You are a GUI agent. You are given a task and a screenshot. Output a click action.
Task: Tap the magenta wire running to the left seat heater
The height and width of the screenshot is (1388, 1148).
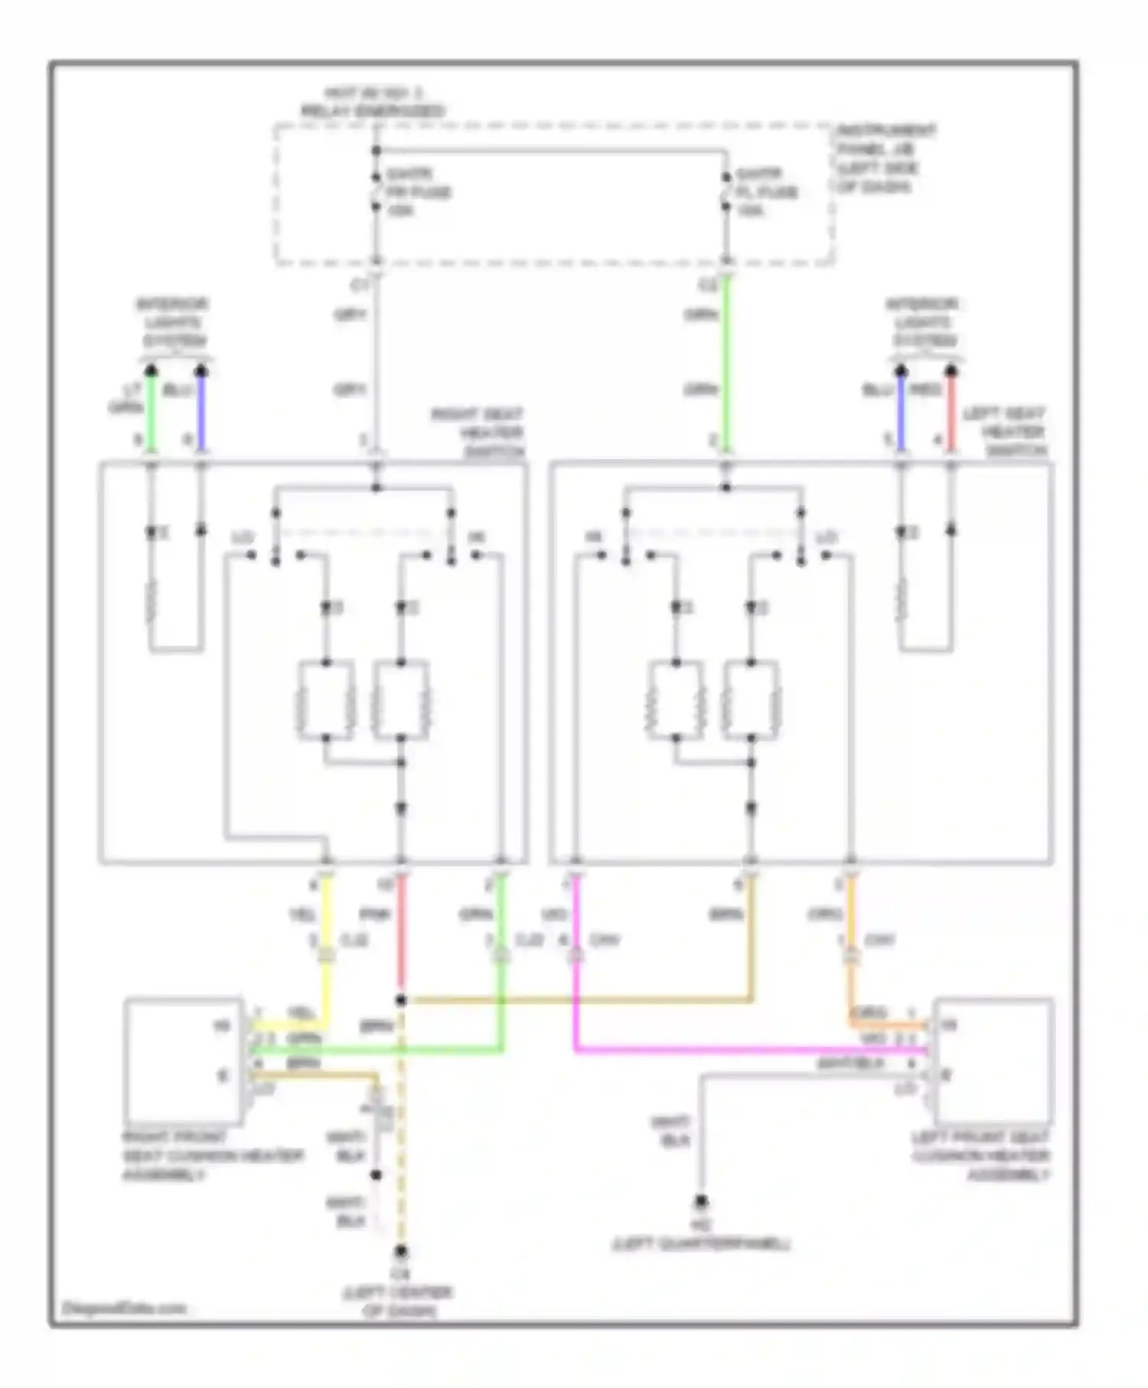[735, 1050]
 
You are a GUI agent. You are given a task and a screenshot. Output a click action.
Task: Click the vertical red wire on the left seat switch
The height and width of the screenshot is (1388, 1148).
[951, 413]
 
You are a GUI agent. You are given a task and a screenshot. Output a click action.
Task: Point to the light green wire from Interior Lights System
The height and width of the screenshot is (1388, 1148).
[152, 413]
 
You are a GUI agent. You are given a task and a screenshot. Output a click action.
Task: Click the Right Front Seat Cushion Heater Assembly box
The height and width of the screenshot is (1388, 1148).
[184, 1061]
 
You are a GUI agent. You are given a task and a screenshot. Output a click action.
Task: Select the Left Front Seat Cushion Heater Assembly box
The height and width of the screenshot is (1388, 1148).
[993, 1061]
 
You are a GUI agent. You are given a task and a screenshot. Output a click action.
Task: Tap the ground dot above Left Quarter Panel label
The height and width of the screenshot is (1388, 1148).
[701, 1202]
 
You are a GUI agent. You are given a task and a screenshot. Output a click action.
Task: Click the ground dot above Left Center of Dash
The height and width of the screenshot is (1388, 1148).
[400, 1253]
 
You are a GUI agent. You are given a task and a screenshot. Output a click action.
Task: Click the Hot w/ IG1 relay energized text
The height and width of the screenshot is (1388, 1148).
[373, 103]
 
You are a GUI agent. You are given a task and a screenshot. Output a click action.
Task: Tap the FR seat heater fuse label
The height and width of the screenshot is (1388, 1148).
[417, 191]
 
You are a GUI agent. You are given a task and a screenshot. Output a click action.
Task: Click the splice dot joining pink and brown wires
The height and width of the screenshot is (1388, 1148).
[400, 1000]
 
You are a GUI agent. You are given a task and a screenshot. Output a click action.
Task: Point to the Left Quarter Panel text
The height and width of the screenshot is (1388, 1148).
[701, 1245]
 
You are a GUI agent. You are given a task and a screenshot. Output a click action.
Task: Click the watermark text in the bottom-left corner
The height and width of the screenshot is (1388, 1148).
[124, 1308]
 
